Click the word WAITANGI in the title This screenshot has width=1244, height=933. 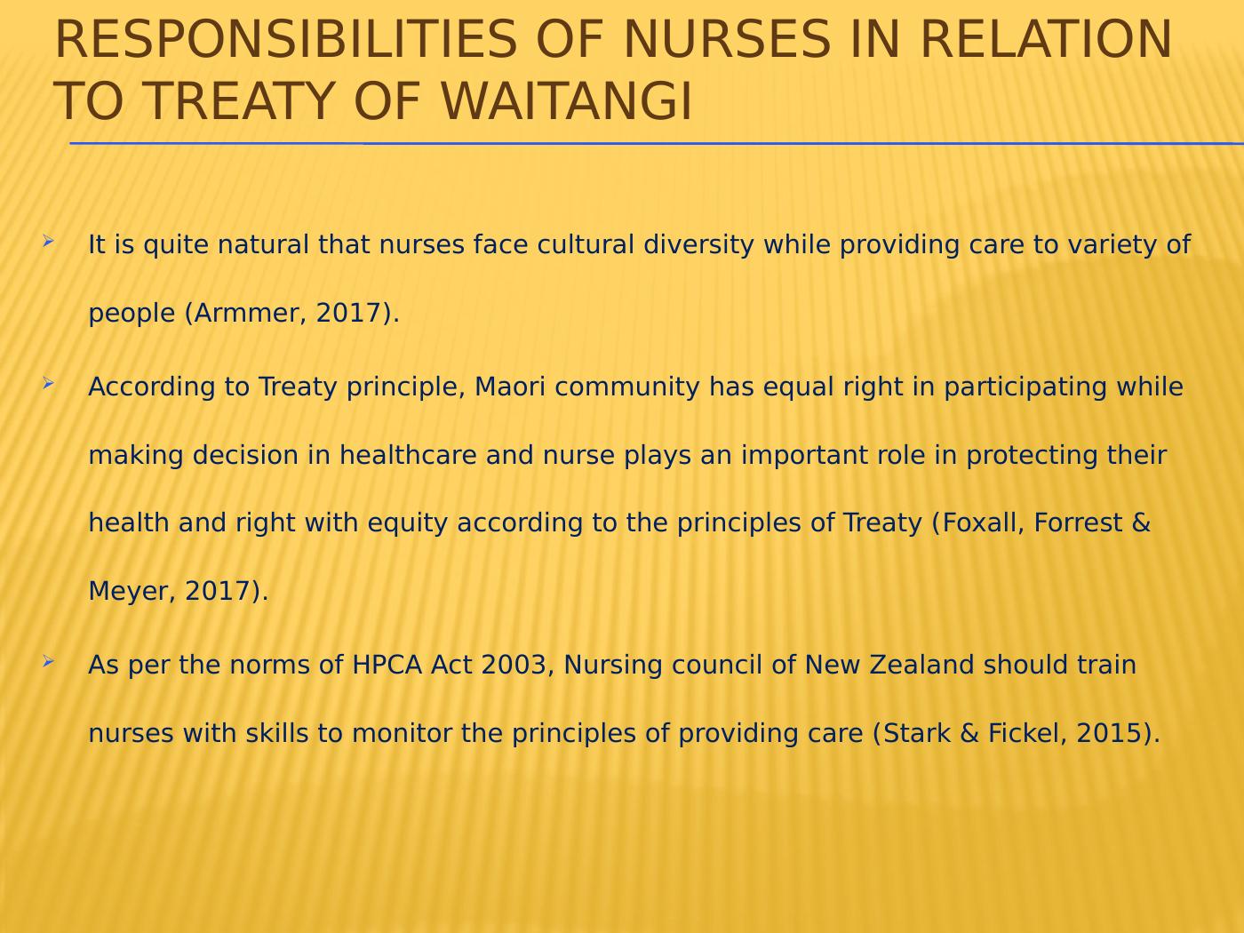click(x=567, y=102)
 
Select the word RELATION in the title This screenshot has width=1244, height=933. click(x=1046, y=39)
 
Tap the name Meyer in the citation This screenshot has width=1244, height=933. click(x=129, y=592)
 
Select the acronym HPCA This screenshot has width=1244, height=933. click(x=387, y=665)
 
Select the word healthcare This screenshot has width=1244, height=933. click(x=408, y=455)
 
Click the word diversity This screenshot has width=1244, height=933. click(x=698, y=245)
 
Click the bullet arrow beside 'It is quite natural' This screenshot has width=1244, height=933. click(x=48, y=242)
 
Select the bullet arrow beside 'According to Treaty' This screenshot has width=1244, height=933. click(x=48, y=384)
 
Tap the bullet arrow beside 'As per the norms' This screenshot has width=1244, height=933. click(x=48, y=661)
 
